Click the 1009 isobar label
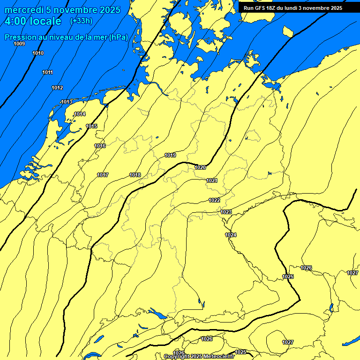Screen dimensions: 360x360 tap(19, 44)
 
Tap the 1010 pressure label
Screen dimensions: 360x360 tap(38, 53)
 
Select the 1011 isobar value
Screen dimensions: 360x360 tap(47, 72)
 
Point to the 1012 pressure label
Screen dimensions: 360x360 tap(57, 88)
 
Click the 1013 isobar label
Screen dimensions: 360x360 tap(67, 102)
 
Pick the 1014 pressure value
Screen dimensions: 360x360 tap(80, 114)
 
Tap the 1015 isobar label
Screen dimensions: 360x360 tap(91, 126)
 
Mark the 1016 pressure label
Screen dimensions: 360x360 tap(100, 146)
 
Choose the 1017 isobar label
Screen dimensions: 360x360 tap(103, 175)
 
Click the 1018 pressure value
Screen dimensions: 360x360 tap(135, 175)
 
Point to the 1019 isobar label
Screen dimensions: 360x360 tap(170, 155)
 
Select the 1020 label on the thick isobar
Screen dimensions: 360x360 tap(200, 167)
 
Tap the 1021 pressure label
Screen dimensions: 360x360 tap(211, 180)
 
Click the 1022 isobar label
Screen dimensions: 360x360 tap(214, 200)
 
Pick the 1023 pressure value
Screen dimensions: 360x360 tap(226, 212)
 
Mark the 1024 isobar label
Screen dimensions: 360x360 tap(231, 234)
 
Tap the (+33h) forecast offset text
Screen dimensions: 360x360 tap(81, 21)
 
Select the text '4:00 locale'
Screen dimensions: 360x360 tap(32, 21)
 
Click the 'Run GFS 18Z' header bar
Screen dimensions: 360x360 tap(293, 7)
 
